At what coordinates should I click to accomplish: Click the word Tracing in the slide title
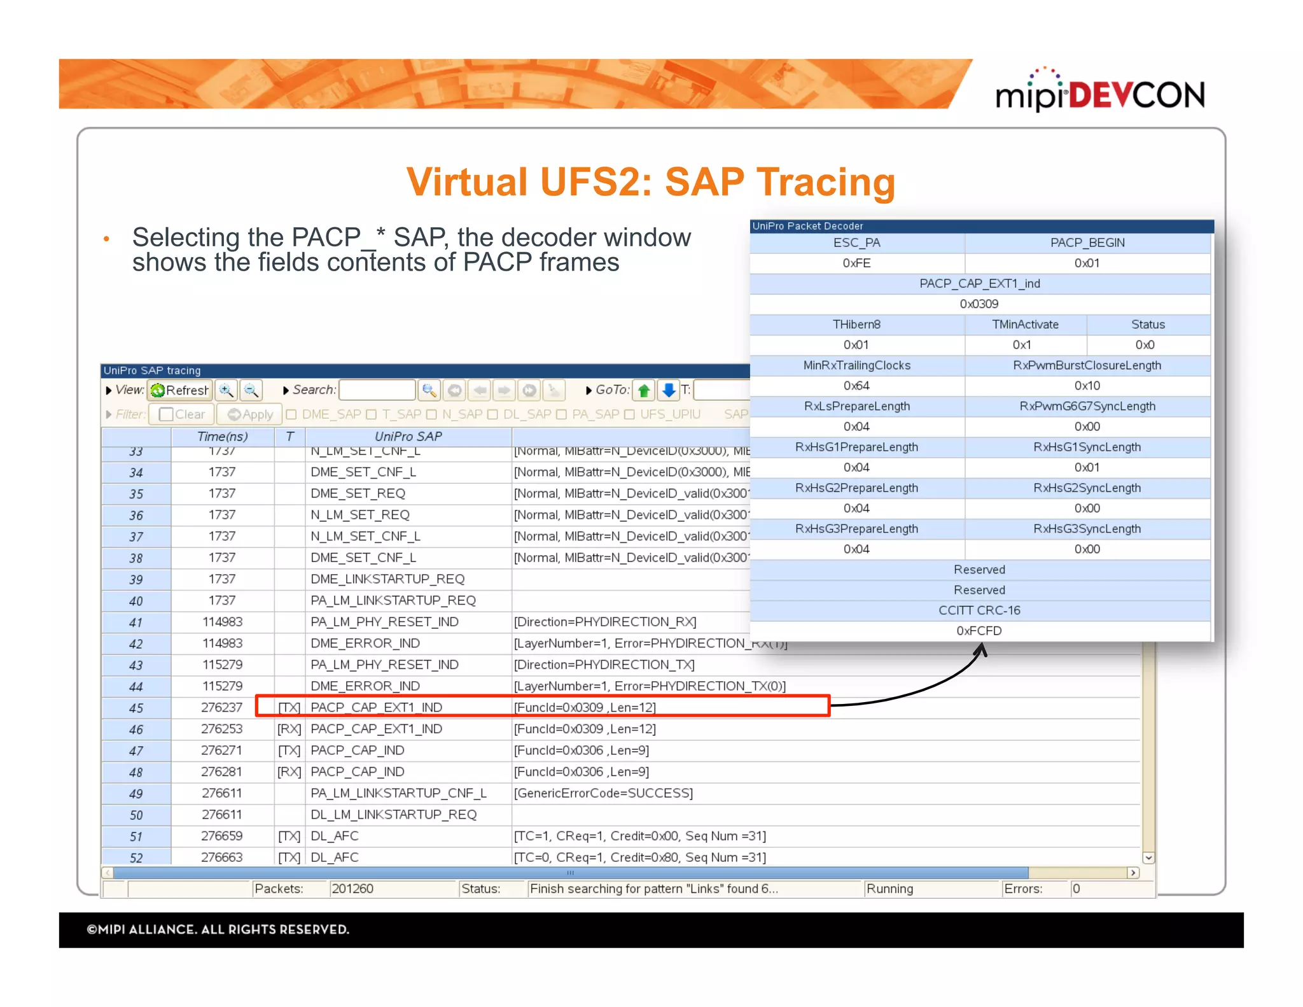(x=825, y=182)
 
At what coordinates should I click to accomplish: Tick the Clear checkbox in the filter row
(x=167, y=414)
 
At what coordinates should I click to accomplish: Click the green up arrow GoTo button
(x=644, y=390)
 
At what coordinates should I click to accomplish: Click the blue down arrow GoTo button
(x=668, y=390)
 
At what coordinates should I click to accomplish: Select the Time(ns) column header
(x=222, y=437)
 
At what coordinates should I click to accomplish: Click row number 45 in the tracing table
(x=136, y=708)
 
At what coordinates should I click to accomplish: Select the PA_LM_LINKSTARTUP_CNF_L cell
(x=398, y=793)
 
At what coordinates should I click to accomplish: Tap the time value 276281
(x=221, y=771)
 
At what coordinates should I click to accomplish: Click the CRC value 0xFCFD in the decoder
(x=979, y=631)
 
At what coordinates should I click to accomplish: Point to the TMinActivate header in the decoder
(x=1025, y=325)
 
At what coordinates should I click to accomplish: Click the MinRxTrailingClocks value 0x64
(x=856, y=386)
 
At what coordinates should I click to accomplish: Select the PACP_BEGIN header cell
(x=1087, y=243)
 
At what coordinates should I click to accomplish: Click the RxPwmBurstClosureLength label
(x=1087, y=365)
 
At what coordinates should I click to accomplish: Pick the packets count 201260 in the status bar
(x=352, y=889)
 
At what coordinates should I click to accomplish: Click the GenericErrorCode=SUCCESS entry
(x=603, y=793)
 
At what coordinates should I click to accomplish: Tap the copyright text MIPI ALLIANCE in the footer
(x=218, y=929)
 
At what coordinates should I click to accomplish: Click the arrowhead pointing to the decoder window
(x=982, y=650)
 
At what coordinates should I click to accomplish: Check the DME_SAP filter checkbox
(x=291, y=414)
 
